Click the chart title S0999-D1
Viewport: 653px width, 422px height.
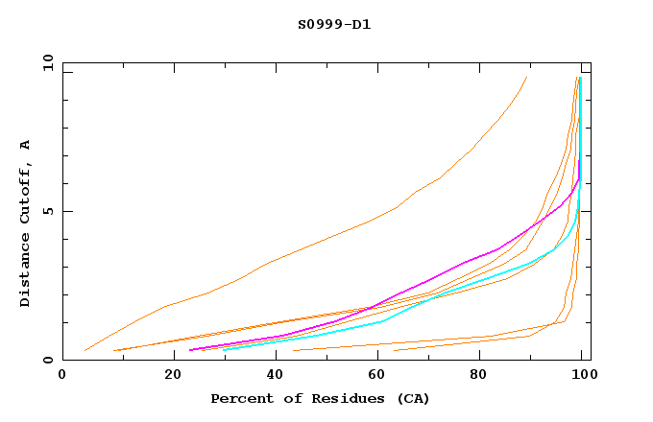(x=334, y=24)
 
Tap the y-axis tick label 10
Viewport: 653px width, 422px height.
(x=46, y=64)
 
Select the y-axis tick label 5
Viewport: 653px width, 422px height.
(x=46, y=211)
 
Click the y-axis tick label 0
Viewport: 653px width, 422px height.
(x=46, y=360)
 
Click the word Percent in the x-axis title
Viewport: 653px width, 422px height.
(x=239, y=398)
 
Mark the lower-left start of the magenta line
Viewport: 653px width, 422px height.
(x=190, y=350)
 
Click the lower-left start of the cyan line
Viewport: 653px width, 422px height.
(x=222, y=349)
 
